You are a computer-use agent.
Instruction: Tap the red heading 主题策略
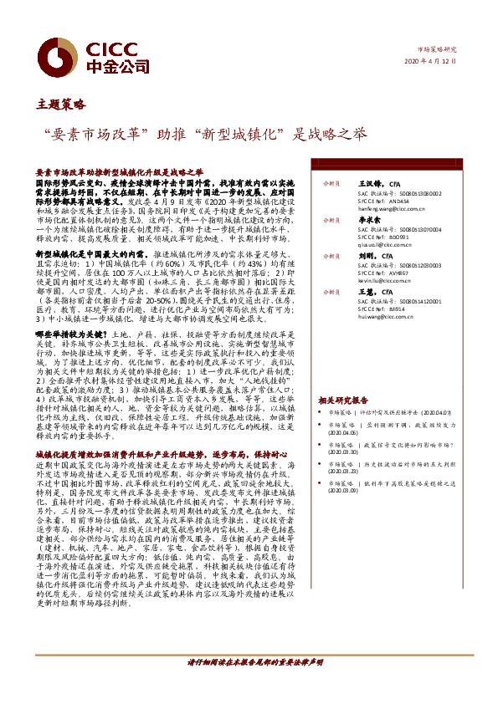click(61, 105)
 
